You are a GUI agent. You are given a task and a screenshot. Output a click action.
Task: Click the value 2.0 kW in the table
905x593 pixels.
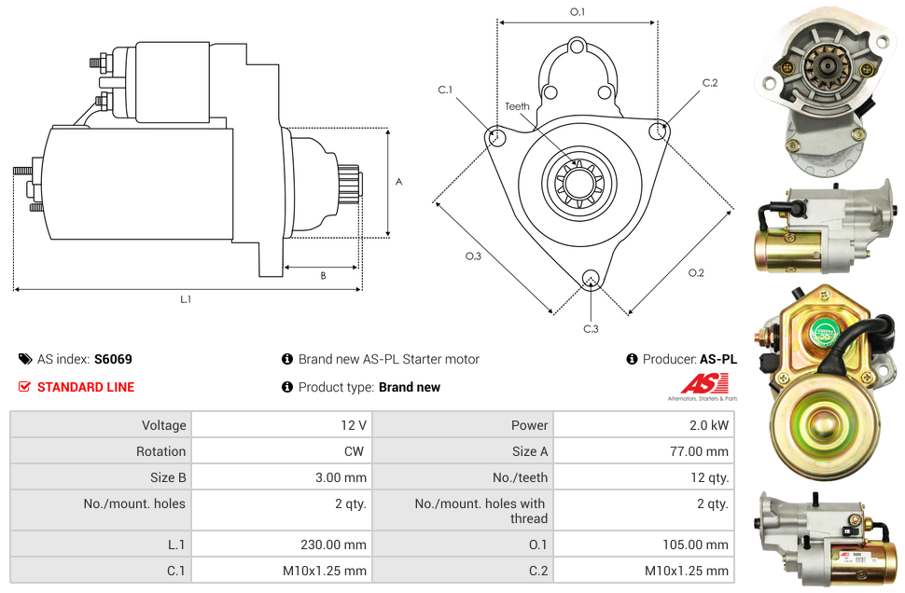point(711,425)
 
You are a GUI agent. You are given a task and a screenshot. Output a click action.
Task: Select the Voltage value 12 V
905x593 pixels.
point(353,425)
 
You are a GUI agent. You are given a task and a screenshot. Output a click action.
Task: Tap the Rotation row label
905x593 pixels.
point(160,451)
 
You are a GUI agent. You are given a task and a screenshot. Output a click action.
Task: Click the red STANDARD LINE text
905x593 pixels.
point(86,387)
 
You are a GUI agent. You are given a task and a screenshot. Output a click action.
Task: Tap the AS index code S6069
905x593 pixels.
point(113,359)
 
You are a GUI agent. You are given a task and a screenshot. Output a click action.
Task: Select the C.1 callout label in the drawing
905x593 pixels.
point(445,90)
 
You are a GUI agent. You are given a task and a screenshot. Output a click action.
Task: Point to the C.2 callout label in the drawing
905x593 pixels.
point(710,83)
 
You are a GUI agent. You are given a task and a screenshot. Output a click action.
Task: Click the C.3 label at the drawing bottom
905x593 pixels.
point(591,328)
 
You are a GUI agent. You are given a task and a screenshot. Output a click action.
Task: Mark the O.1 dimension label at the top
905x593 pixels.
point(578,11)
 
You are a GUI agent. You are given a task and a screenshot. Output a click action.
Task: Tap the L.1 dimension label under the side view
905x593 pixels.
point(186,299)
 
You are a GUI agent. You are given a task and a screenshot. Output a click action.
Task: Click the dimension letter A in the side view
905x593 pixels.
point(399,182)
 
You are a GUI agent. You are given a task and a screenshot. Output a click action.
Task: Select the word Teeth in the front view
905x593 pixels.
point(517,106)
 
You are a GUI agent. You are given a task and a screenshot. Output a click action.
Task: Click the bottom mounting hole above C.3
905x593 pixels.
point(590,279)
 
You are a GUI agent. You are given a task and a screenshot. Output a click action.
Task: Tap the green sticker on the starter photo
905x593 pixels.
point(823,330)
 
